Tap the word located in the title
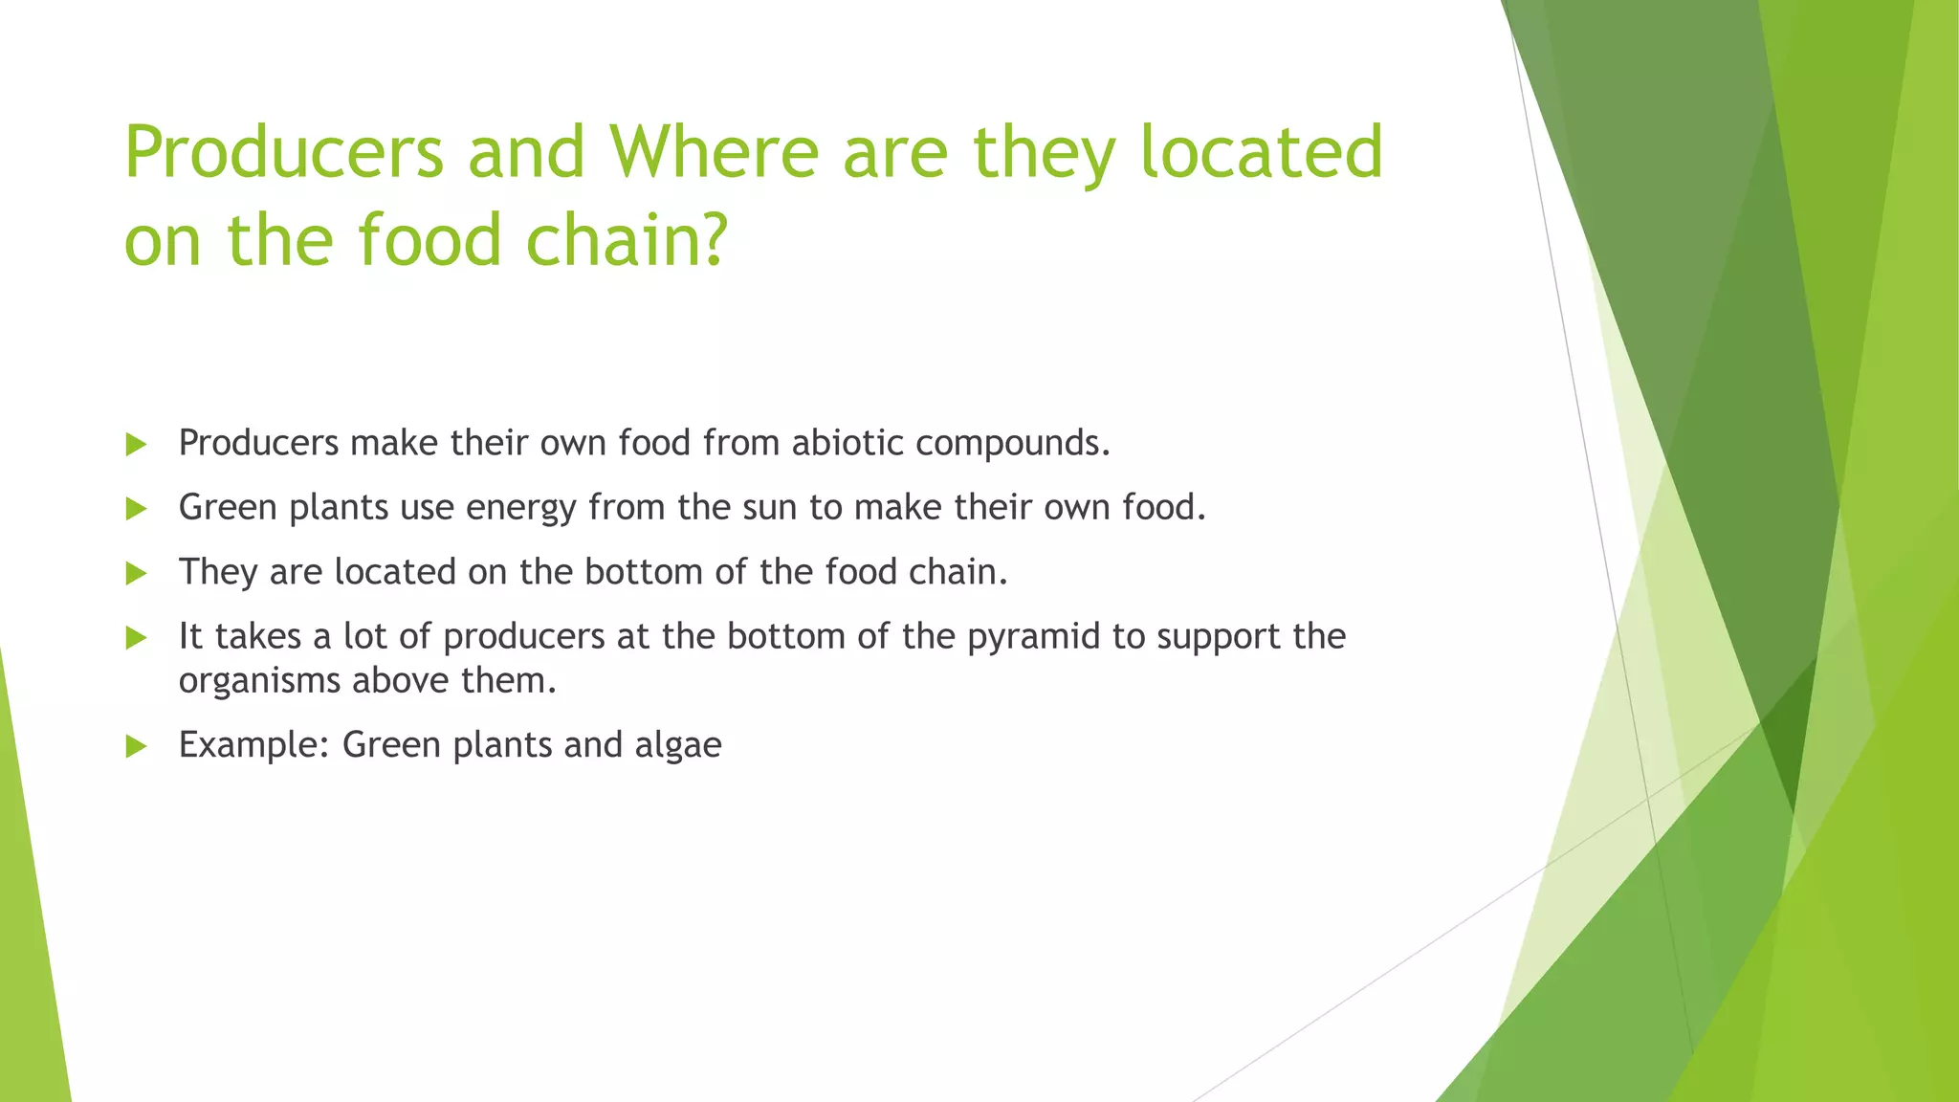[1262, 153]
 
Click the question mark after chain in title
[713, 239]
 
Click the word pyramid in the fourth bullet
[1033, 637]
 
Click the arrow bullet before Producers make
[136, 444]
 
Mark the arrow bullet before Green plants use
[136, 508]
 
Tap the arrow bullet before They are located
[136, 573]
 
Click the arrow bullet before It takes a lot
[136, 637]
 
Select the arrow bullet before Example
[136, 746]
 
